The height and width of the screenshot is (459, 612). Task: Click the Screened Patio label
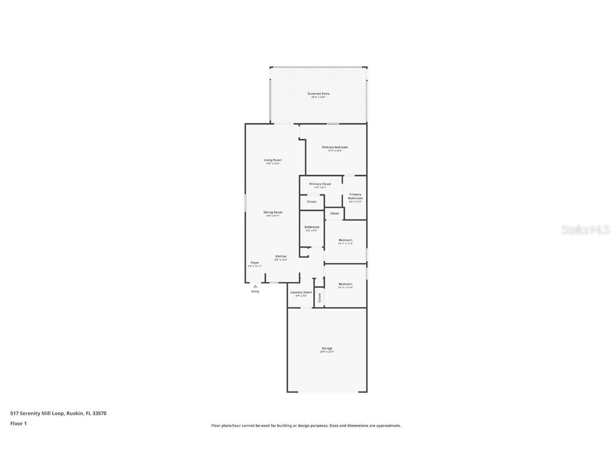click(x=318, y=93)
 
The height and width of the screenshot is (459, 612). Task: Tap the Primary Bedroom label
click(x=335, y=147)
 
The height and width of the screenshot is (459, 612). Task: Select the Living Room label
click(x=273, y=160)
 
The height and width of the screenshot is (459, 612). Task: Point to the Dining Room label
click(x=273, y=212)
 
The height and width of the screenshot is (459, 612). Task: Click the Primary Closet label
click(x=320, y=184)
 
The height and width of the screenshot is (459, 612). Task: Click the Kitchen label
click(x=280, y=256)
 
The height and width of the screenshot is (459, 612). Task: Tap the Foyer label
click(x=255, y=262)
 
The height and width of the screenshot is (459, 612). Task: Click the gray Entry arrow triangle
click(x=255, y=286)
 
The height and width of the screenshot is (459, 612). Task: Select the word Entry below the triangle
click(x=255, y=291)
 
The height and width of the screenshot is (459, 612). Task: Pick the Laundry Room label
click(x=301, y=292)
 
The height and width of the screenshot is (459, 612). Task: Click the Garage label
click(x=327, y=348)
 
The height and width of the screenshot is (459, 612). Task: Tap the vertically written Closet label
click(x=319, y=298)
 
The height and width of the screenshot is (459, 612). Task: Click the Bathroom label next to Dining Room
click(x=312, y=227)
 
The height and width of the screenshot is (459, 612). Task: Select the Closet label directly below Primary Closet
click(x=311, y=201)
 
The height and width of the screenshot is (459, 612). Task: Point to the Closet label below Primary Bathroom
click(x=334, y=213)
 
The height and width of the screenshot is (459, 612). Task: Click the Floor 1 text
click(x=18, y=423)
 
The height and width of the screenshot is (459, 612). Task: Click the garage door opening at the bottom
click(x=327, y=392)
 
